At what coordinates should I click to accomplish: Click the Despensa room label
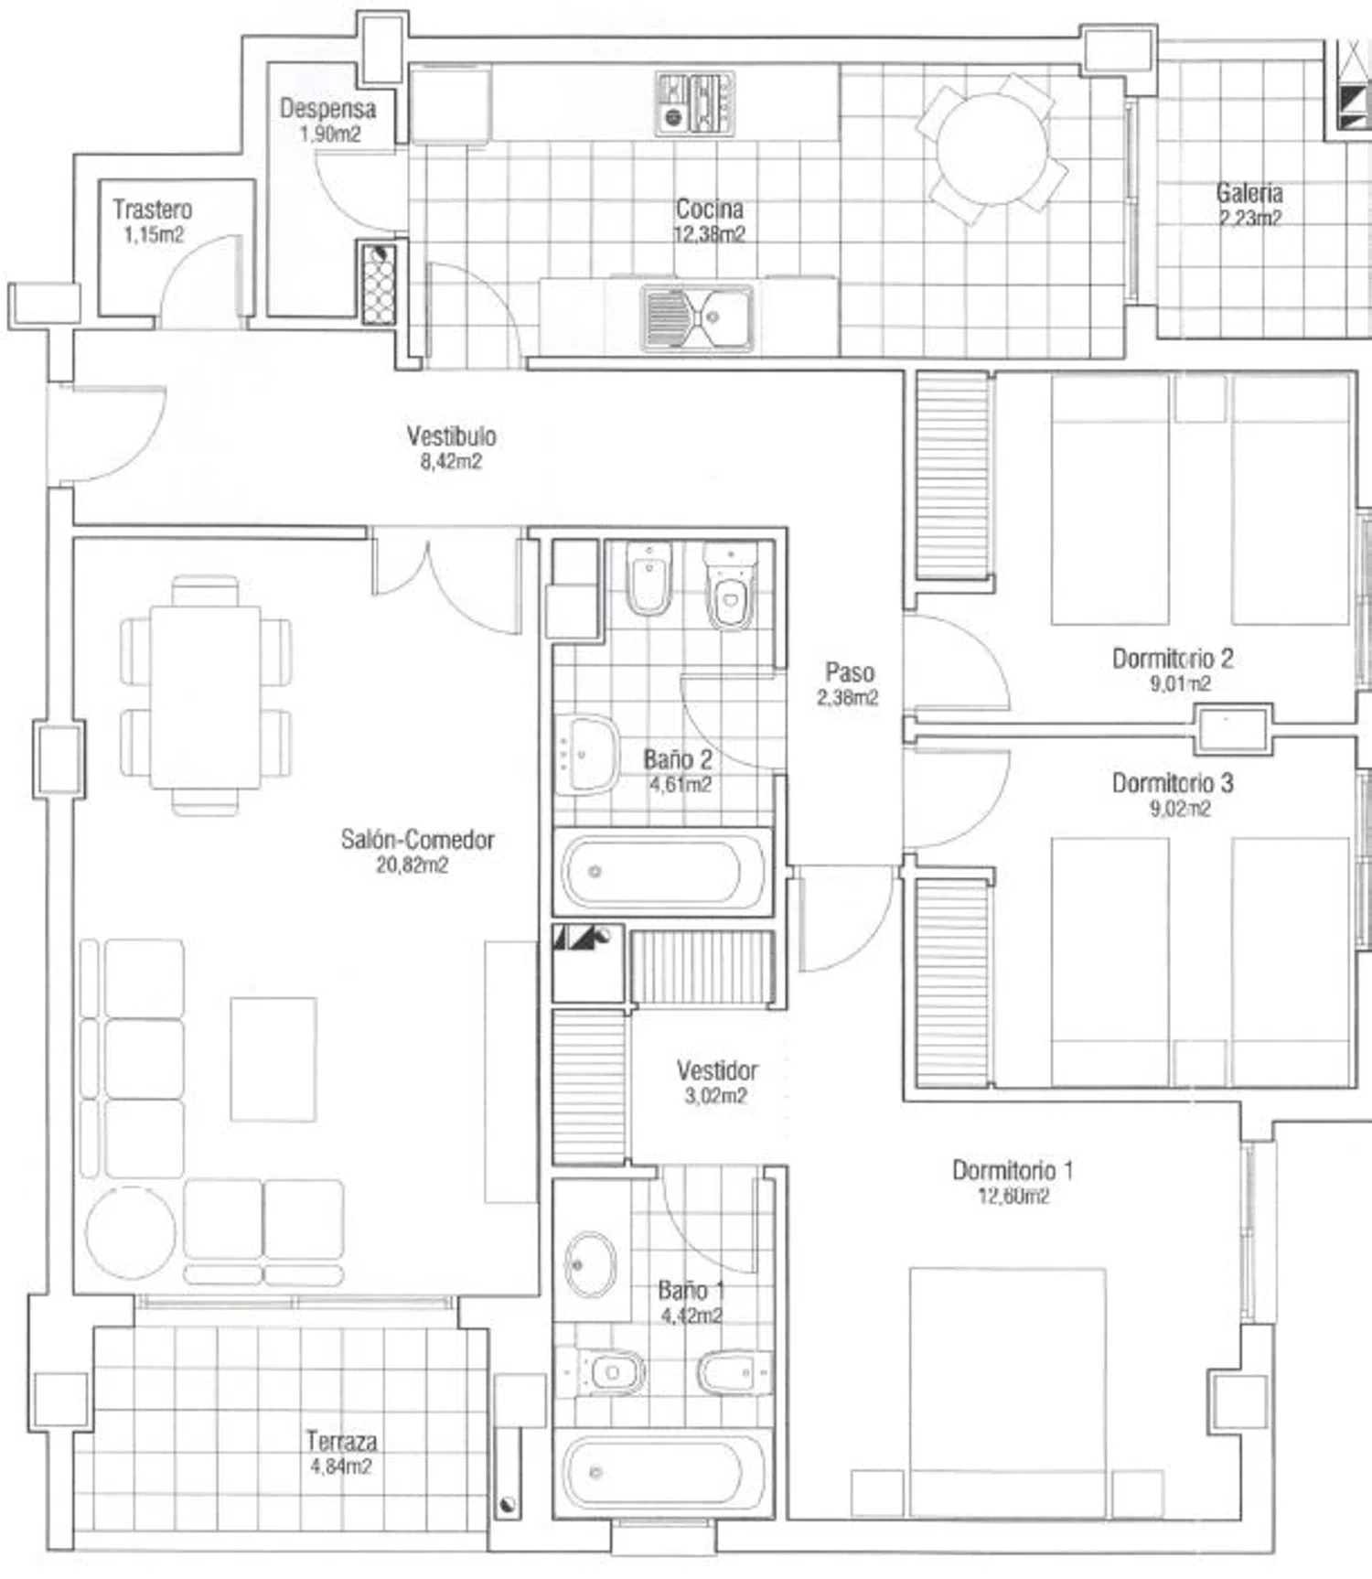pos(327,109)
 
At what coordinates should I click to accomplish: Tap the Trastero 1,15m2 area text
pos(154,235)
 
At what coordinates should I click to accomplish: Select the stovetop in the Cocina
pos(695,104)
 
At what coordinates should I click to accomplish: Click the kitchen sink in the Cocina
pos(697,317)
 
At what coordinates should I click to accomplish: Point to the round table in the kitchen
pos(994,149)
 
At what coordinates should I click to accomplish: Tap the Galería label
pos(1249,193)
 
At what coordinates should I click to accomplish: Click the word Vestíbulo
pos(452,435)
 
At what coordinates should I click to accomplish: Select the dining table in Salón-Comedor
pos(206,696)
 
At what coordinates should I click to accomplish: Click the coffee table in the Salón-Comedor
pos(273,1059)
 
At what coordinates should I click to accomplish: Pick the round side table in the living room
pos(131,1232)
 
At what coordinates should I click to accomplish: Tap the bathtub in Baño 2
pos(660,871)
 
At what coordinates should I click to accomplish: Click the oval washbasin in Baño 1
pos(591,1265)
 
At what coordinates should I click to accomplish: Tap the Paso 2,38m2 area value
pos(848,697)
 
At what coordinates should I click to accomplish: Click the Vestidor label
pos(717,1070)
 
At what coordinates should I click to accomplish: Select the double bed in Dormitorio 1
pos(1007,1391)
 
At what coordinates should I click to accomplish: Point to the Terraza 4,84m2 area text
pos(341,1466)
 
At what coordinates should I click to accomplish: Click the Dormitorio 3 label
pos(1173,783)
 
